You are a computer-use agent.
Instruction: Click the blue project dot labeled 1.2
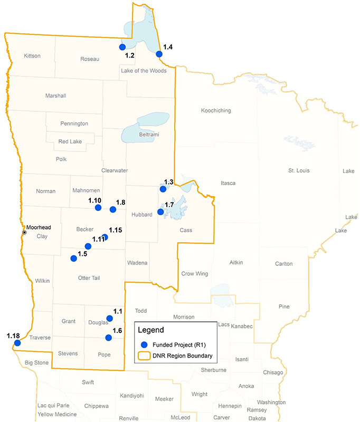point(122,47)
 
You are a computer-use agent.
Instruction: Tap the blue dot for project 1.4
point(159,53)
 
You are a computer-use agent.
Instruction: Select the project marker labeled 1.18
point(17,343)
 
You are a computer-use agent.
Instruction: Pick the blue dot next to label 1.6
point(108,338)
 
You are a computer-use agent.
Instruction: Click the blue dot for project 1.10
point(98,208)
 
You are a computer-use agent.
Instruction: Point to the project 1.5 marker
point(73,258)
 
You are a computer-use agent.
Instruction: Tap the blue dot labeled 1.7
point(160,212)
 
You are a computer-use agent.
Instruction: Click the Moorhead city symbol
point(24,232)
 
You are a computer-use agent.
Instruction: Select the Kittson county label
point(33,56)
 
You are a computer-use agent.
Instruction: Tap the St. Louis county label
point(299,170)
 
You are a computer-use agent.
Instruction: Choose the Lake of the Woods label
point(144,71)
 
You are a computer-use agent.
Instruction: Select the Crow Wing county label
point(195,274)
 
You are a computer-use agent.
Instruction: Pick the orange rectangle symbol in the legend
point(144,356)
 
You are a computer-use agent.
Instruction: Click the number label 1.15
point(115,230)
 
